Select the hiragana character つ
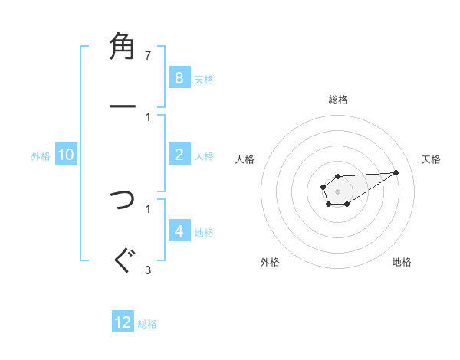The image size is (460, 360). point(123,200)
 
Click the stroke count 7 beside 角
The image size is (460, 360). point(148,56)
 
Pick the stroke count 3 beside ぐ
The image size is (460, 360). point(148,269)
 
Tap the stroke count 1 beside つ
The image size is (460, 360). point(148,208)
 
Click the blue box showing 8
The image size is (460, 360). point(179,78)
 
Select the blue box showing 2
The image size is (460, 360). point(179,155)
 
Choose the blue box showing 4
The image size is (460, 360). point(179,231)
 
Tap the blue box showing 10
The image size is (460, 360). point(66,155)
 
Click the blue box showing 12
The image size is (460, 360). point(123,322)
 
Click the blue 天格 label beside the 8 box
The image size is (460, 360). point(204,79)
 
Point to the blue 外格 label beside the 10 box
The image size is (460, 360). point(41,155)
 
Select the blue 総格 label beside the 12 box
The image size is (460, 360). point(147,323)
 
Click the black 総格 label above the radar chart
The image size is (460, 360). point(337,100)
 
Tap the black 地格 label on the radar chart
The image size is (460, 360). point(402,262)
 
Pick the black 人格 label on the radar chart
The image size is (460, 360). point(245,159)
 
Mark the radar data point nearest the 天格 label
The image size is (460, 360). point(396,172)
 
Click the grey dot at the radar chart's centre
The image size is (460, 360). point(337,190)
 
